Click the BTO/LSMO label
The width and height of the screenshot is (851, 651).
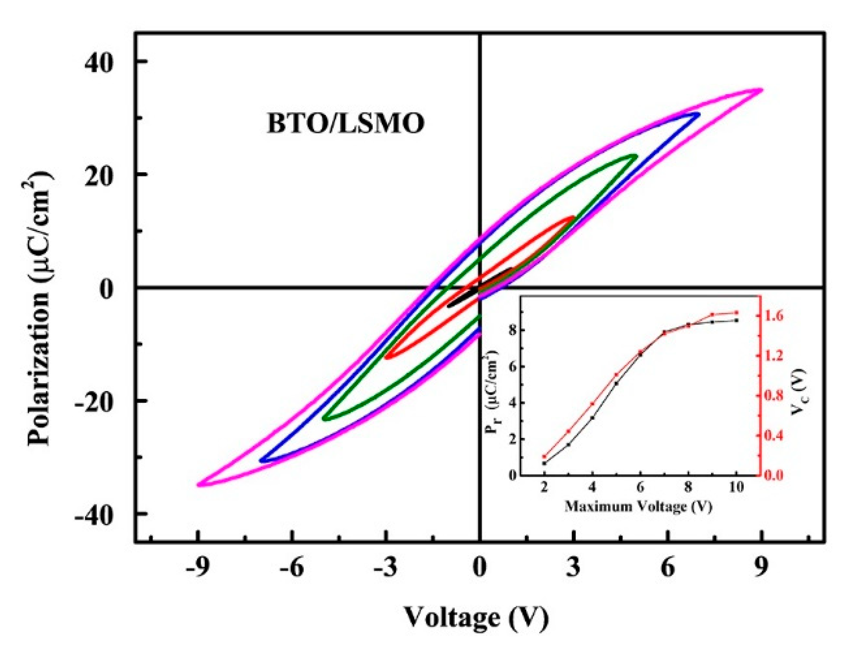pos(345,123)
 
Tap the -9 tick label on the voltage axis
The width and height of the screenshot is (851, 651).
pos(198,568)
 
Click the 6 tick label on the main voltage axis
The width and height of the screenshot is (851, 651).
pos(668,568)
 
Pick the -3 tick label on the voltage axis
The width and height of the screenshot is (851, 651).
pos(385,568)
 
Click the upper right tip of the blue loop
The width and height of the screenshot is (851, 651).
pos(698,114)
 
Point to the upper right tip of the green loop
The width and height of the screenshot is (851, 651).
pos(635,156)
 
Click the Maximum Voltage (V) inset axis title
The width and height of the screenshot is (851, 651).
pos(638,507)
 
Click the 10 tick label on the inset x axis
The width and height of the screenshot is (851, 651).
pos(736,488)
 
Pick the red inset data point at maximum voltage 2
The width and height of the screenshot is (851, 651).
pos(544,456)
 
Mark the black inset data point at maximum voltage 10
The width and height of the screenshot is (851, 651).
pos(737,320)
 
